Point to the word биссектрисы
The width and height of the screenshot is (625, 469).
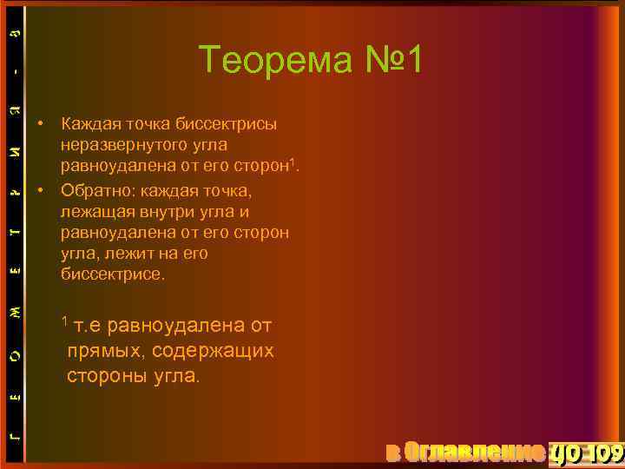coord(228,123)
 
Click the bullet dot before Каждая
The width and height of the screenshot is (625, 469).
coord(41,123)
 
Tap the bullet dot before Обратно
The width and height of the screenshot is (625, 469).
coord(41,189)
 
